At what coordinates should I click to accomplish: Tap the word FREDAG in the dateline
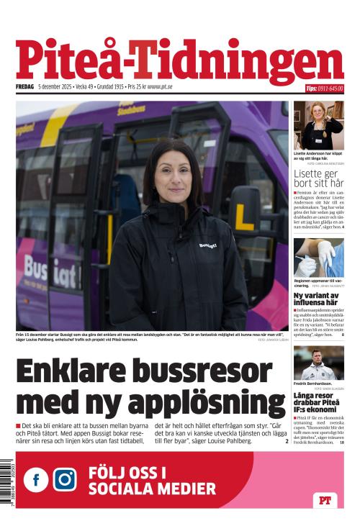pos(24,88)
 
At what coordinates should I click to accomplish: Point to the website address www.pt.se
pos(160,88)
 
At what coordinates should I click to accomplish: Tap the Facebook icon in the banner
pos(36,479)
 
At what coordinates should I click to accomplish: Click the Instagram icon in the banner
pos(64,479)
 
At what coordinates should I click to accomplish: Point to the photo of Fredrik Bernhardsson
pos(318,363)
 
